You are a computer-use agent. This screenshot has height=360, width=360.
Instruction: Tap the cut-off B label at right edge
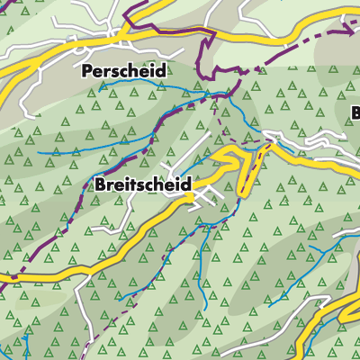click(x=355, y=113)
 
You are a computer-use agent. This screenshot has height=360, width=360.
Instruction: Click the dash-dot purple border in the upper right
click(x=315, y=49)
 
